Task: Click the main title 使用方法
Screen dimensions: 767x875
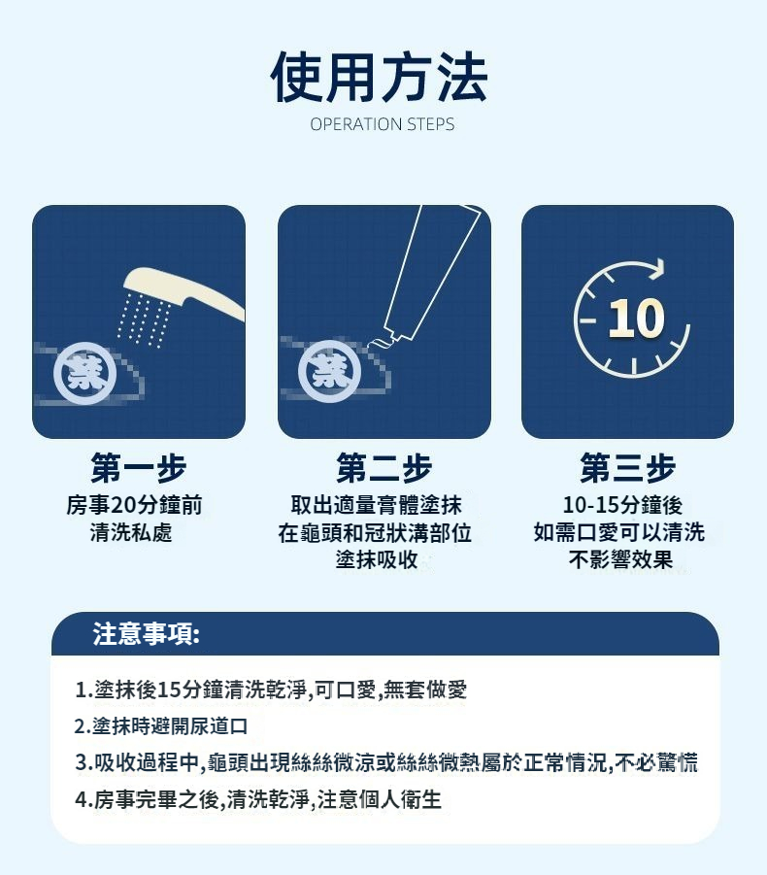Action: click(380, 77)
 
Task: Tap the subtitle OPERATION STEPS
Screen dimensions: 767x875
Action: click(383, 124)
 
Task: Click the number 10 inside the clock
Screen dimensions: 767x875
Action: click(636, 319)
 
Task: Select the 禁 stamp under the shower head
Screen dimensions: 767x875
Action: click(85, 373)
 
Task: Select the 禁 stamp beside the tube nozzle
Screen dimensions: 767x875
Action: click(330, 371)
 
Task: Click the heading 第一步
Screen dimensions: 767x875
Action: click(138, 468)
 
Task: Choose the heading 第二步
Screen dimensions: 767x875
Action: click(383, 468)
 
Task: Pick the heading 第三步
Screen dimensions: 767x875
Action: click(627, 468)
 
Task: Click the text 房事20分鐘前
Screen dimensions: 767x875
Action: click(134, 505)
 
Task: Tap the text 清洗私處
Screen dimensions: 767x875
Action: click(131, 532)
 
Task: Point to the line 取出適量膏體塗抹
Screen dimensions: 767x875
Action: click(376, 505)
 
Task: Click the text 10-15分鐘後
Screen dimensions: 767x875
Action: click(622, 505)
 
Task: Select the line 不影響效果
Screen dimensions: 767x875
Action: click(620, 559)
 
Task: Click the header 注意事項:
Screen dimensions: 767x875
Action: click(147, 634)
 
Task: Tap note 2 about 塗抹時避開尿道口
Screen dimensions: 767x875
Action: click(161, 726)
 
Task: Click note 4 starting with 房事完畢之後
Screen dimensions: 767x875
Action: click(257, 799)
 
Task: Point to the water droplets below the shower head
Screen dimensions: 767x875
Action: click(144, 319)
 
